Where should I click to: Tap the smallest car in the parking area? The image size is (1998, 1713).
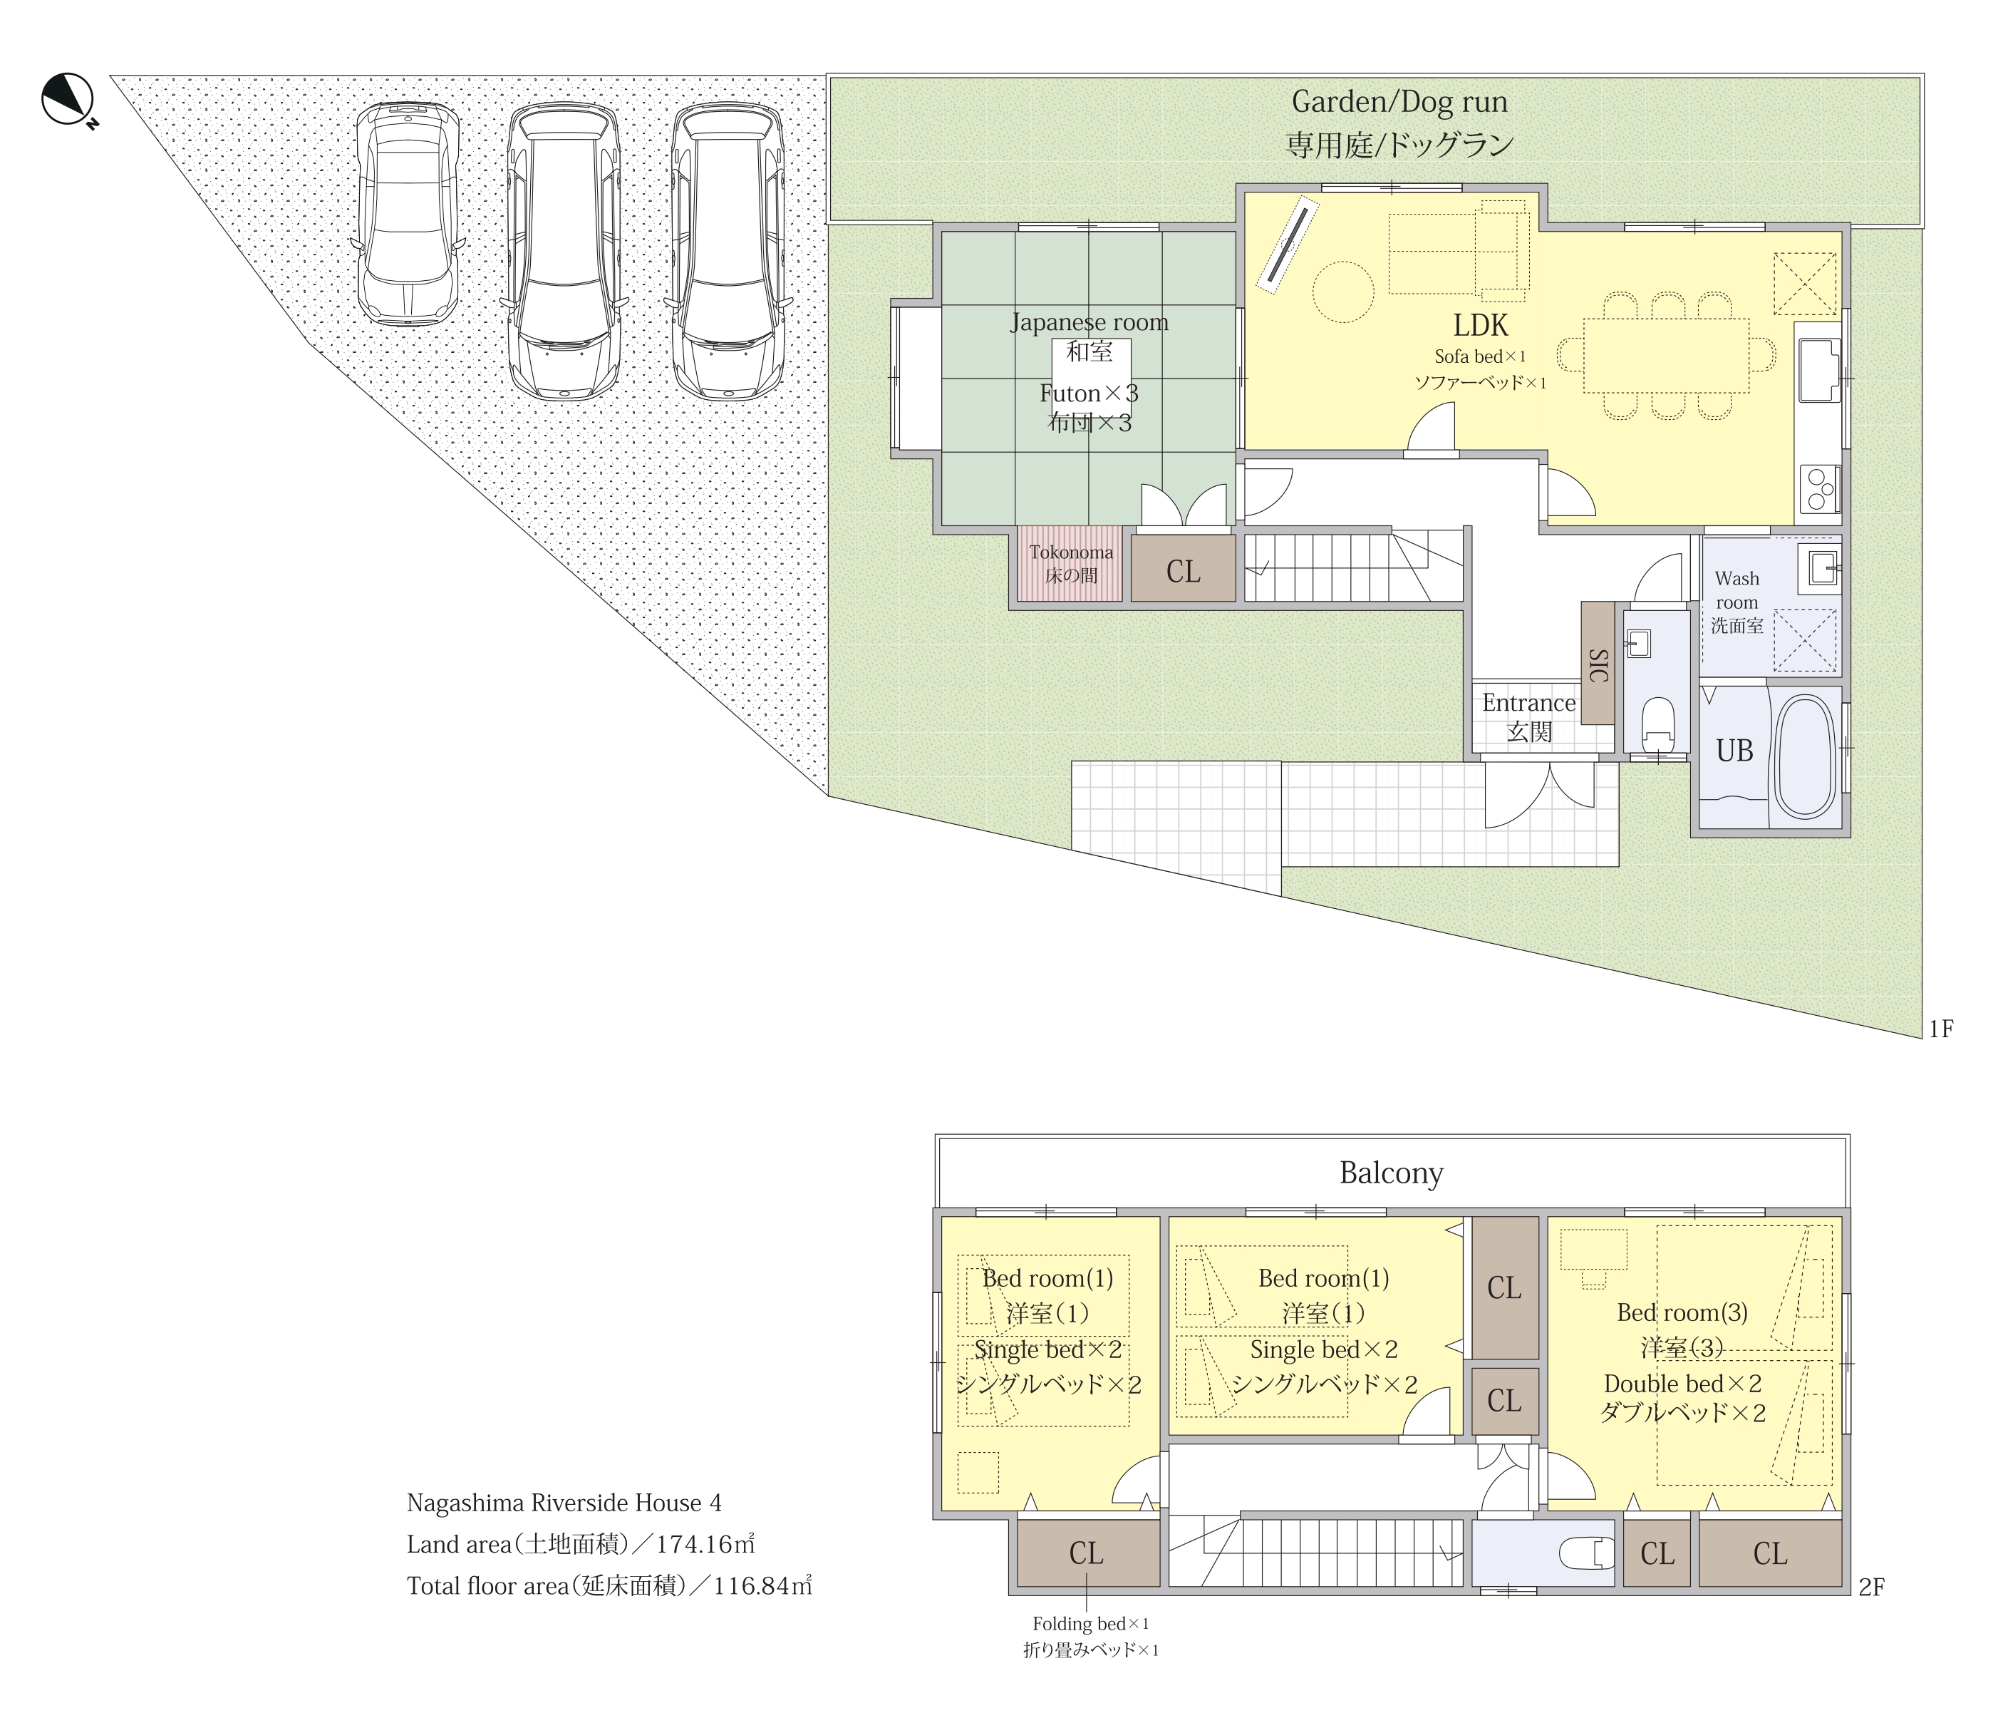407,213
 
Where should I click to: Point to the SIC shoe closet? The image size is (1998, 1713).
1598,664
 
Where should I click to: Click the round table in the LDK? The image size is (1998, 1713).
1343,292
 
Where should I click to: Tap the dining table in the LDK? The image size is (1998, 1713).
1666,355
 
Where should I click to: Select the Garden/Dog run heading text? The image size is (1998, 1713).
1399,101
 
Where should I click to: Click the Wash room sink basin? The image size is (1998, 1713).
1821,566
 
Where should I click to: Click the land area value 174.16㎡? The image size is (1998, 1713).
706,1544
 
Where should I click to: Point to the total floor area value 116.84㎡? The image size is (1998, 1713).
762,1585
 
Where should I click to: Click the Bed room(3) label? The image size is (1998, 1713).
1682,1312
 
